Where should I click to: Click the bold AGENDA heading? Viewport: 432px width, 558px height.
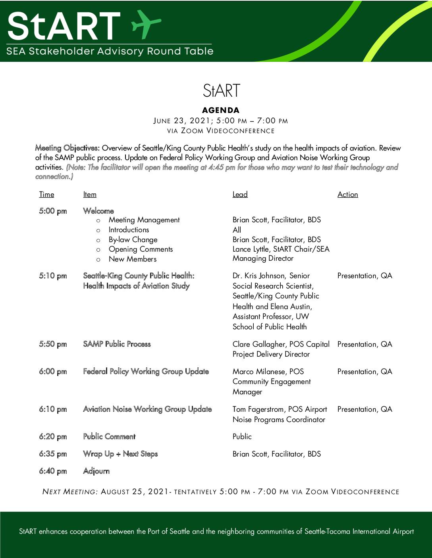pyautogui.click(x=221, y=110)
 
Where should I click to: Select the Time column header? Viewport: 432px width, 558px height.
pyautogui.click(x=46, y=194)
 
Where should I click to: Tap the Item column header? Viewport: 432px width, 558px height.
pyautogui.click(x=90, y=194)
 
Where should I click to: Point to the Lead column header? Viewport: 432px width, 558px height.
pyautogui.click(x=240, y=194)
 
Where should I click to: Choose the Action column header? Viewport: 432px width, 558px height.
pyautogui.click(x=347, y=194)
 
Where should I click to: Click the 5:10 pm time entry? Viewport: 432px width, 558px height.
pyautogui.click(x=53, y=276)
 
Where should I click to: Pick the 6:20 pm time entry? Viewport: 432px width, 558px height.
pyautogui.click(x=53, y=437)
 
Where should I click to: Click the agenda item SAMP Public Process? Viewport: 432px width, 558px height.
pyautogui.click(x=117, y=344)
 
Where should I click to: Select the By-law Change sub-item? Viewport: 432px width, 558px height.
pyautogui.click(x=133, y=239)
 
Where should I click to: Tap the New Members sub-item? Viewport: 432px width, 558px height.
pyautogui.click(x=133, y=259)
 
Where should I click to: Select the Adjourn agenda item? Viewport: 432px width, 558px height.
pyautogui.click(x=96, y=471)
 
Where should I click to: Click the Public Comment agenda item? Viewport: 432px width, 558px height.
pyautogui.click(x=109, y=437)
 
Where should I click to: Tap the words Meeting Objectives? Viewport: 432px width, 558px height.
pyautogui.click(x=67, y=148)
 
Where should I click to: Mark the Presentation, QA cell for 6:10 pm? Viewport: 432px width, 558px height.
pyautogui.click(x=364, y=409)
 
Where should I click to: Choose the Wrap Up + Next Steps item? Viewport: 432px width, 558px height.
pyautogui.click(x=120, y=454)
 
